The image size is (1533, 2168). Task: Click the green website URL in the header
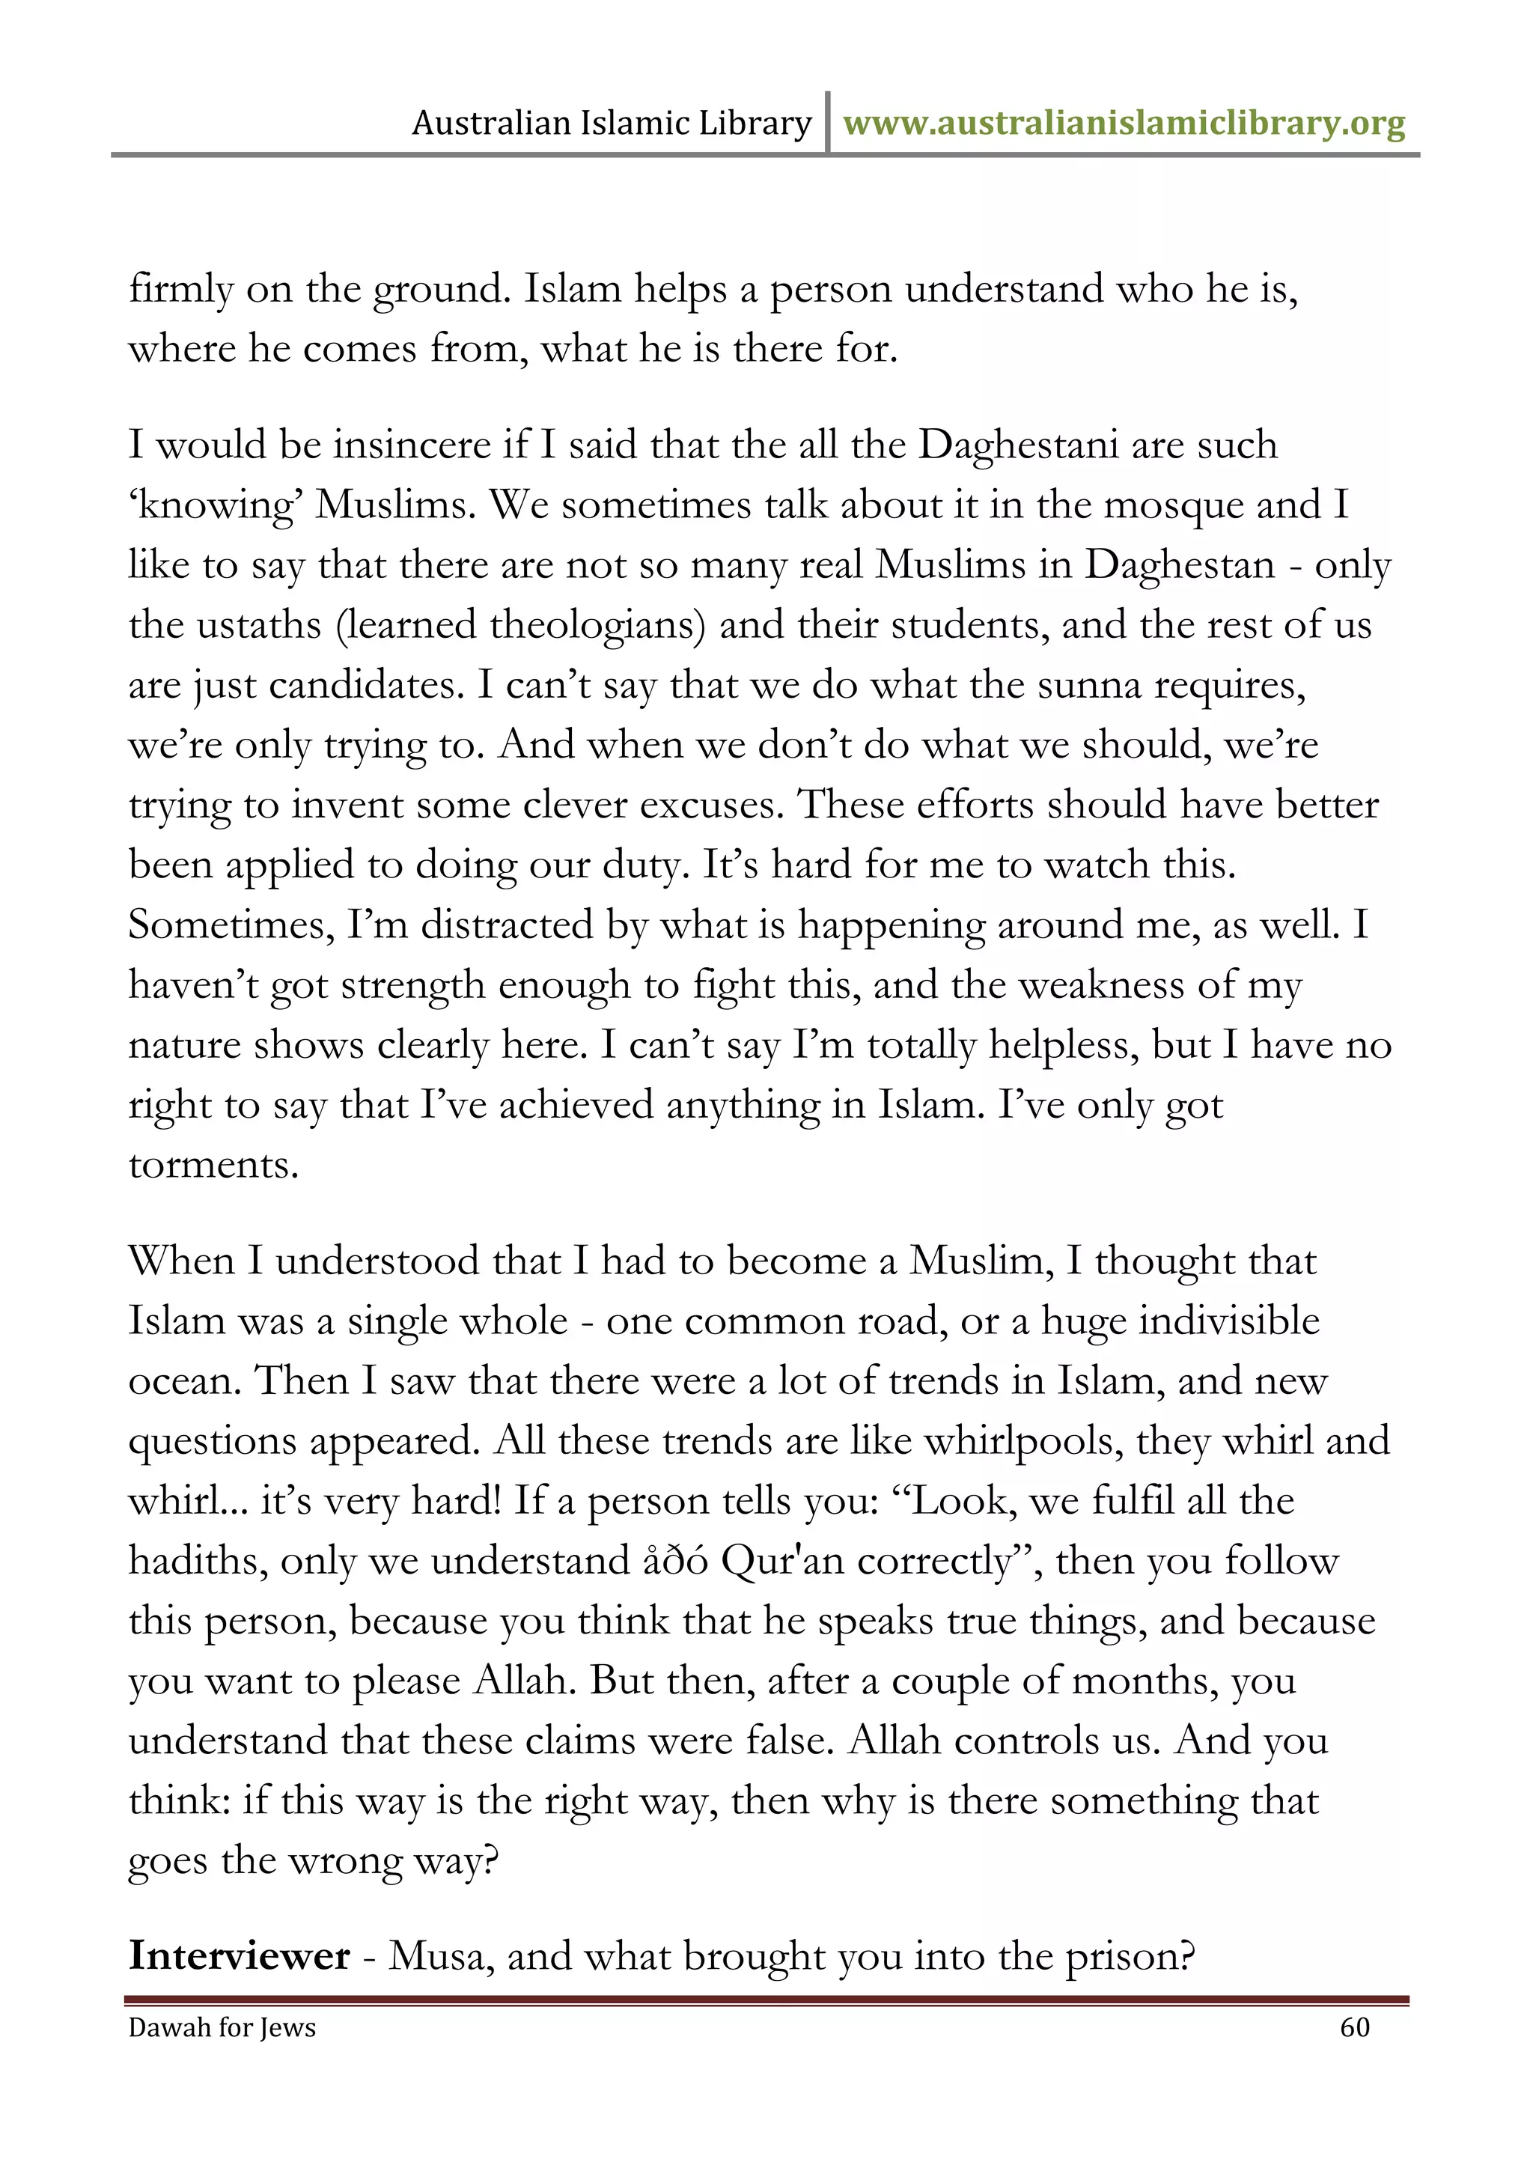(x=1124, y=124)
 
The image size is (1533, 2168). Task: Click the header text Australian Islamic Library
(x=612, y=124)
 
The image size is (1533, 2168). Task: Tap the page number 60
(x=1355, y=2027)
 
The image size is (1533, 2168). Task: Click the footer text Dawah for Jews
(x=222, y=2027)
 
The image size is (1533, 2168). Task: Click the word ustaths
(x=254, y=625)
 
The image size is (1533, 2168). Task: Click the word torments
(x=213, y=1165)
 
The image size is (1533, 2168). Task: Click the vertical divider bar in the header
(x=828, y=123)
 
